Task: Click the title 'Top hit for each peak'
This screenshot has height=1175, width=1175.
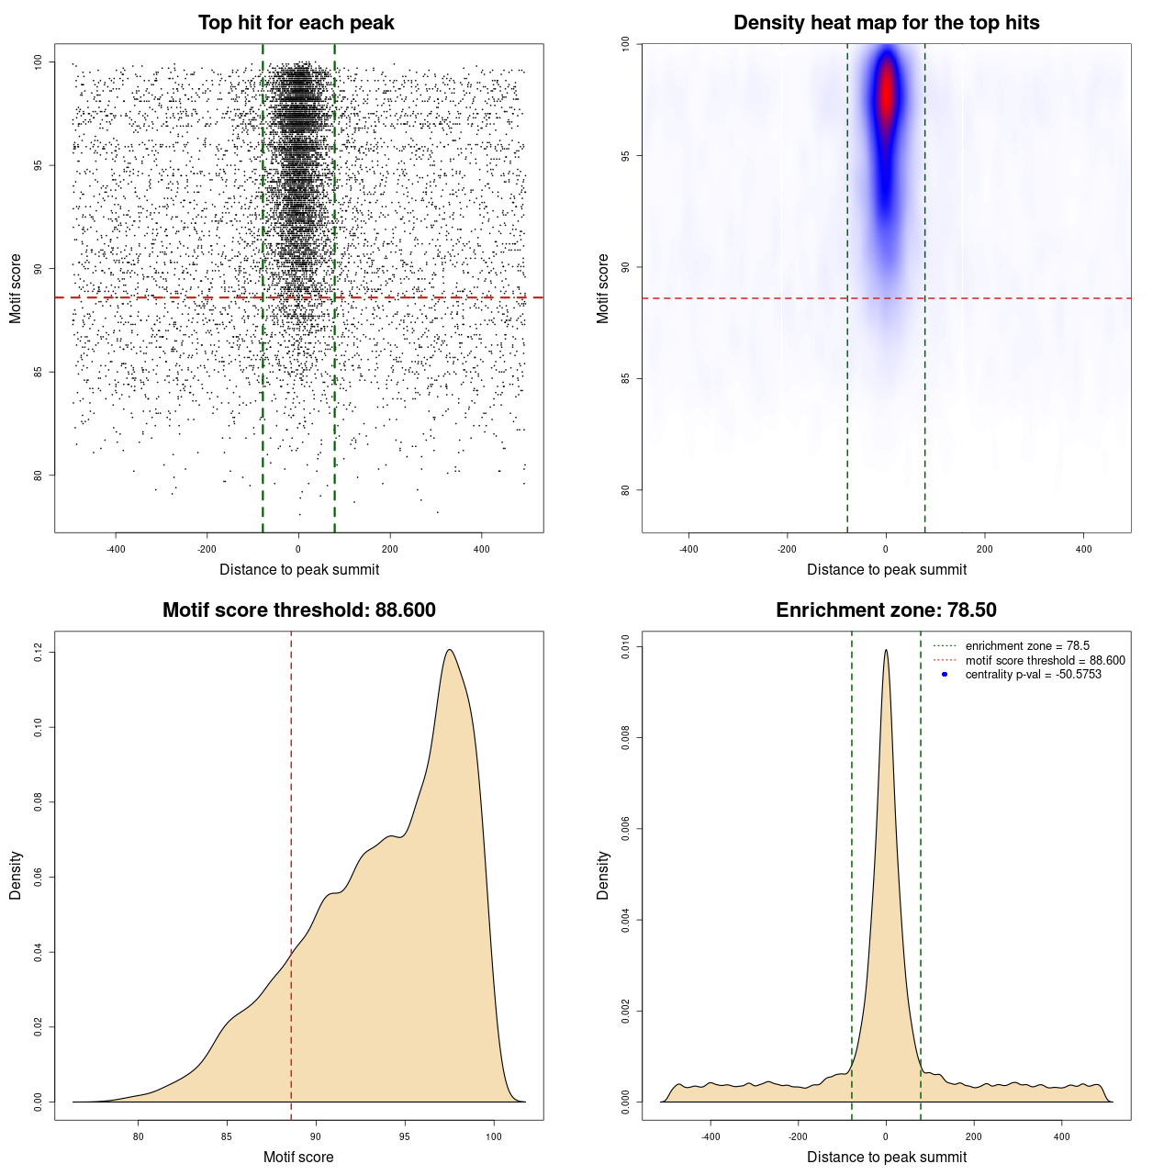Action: point(296,23)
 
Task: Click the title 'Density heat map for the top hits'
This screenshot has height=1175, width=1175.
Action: point(886,23)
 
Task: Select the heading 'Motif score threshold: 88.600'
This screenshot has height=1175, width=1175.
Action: point(298,610)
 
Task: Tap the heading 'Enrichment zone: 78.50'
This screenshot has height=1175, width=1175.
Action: point(886,610)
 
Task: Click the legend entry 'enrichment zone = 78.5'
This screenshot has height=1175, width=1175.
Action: point(1026,646)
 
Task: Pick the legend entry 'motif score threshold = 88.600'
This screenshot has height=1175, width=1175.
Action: point(1045,660)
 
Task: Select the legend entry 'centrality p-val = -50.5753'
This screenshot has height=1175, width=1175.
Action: point(1033,675)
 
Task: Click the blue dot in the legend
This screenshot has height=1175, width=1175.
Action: point(945,675)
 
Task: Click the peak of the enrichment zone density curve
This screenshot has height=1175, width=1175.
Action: point(886,650)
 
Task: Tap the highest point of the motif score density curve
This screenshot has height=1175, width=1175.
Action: point(449,650)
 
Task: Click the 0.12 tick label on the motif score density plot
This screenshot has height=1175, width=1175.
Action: point(38,653)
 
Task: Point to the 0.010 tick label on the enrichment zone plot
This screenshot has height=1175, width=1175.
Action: point(625,647)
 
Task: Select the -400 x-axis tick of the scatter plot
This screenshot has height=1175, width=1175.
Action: point(116,549)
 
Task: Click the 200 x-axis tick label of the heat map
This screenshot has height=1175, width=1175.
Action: point(985,549)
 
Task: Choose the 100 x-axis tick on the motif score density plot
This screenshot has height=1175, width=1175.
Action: point(494,1136)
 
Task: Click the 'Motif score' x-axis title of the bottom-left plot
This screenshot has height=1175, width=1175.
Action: point(298,1157)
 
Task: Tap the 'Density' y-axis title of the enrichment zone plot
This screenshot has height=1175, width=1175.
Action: point(603,875)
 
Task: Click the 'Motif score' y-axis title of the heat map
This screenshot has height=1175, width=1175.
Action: point(603,288)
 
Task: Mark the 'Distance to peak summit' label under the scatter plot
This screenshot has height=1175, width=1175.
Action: point(299,569)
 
